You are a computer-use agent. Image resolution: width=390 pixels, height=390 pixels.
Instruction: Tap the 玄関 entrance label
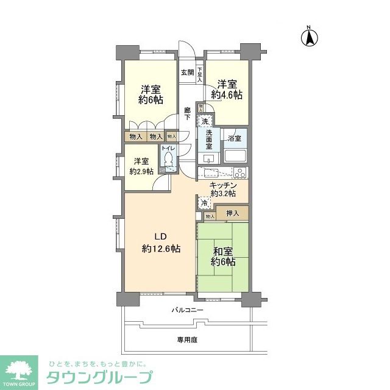pos(187,73)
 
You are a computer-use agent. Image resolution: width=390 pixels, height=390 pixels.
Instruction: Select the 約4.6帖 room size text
pos(227,94)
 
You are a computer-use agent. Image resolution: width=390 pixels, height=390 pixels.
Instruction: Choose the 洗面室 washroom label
pos(208,140)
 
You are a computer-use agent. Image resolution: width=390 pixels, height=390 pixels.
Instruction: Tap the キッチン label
pos(223,185)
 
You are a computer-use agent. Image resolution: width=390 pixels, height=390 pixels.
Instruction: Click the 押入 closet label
pos(232,214)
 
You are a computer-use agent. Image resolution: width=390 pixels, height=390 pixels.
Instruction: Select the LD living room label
pos(160,237)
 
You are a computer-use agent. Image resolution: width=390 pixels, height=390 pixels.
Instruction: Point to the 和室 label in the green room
pos(223,250)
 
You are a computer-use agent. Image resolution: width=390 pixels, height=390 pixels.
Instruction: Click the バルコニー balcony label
pos(187,310)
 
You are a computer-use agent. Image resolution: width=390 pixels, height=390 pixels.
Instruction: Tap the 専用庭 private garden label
pos(187,339)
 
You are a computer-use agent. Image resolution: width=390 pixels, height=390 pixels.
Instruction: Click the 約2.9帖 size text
pos(141,172)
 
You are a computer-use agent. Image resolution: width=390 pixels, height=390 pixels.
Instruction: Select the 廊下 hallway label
pos(188,115)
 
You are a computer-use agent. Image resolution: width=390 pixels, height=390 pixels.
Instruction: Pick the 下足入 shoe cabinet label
pos(199,74)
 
